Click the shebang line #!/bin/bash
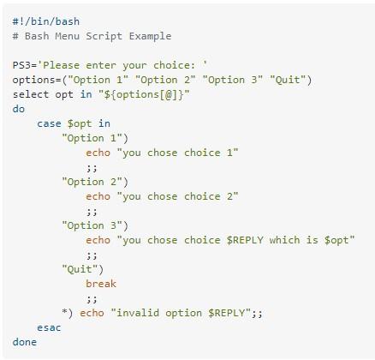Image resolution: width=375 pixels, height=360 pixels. pos(46,21)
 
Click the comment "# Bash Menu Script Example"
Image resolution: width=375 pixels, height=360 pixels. pos(92,36)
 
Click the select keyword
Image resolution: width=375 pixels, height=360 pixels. pos(31,94)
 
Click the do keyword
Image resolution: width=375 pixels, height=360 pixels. pos(19,109)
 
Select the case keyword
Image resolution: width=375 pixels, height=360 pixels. pos(49,123)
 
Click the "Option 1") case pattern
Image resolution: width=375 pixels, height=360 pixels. pos(95,138)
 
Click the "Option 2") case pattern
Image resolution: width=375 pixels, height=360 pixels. pos(95,182)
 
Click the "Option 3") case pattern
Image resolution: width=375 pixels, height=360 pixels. pos(95,225)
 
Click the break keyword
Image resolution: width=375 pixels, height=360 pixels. pos(101,284)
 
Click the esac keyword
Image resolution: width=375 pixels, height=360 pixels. pos(49,327)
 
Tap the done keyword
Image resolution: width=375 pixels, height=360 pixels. pos(25,342)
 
